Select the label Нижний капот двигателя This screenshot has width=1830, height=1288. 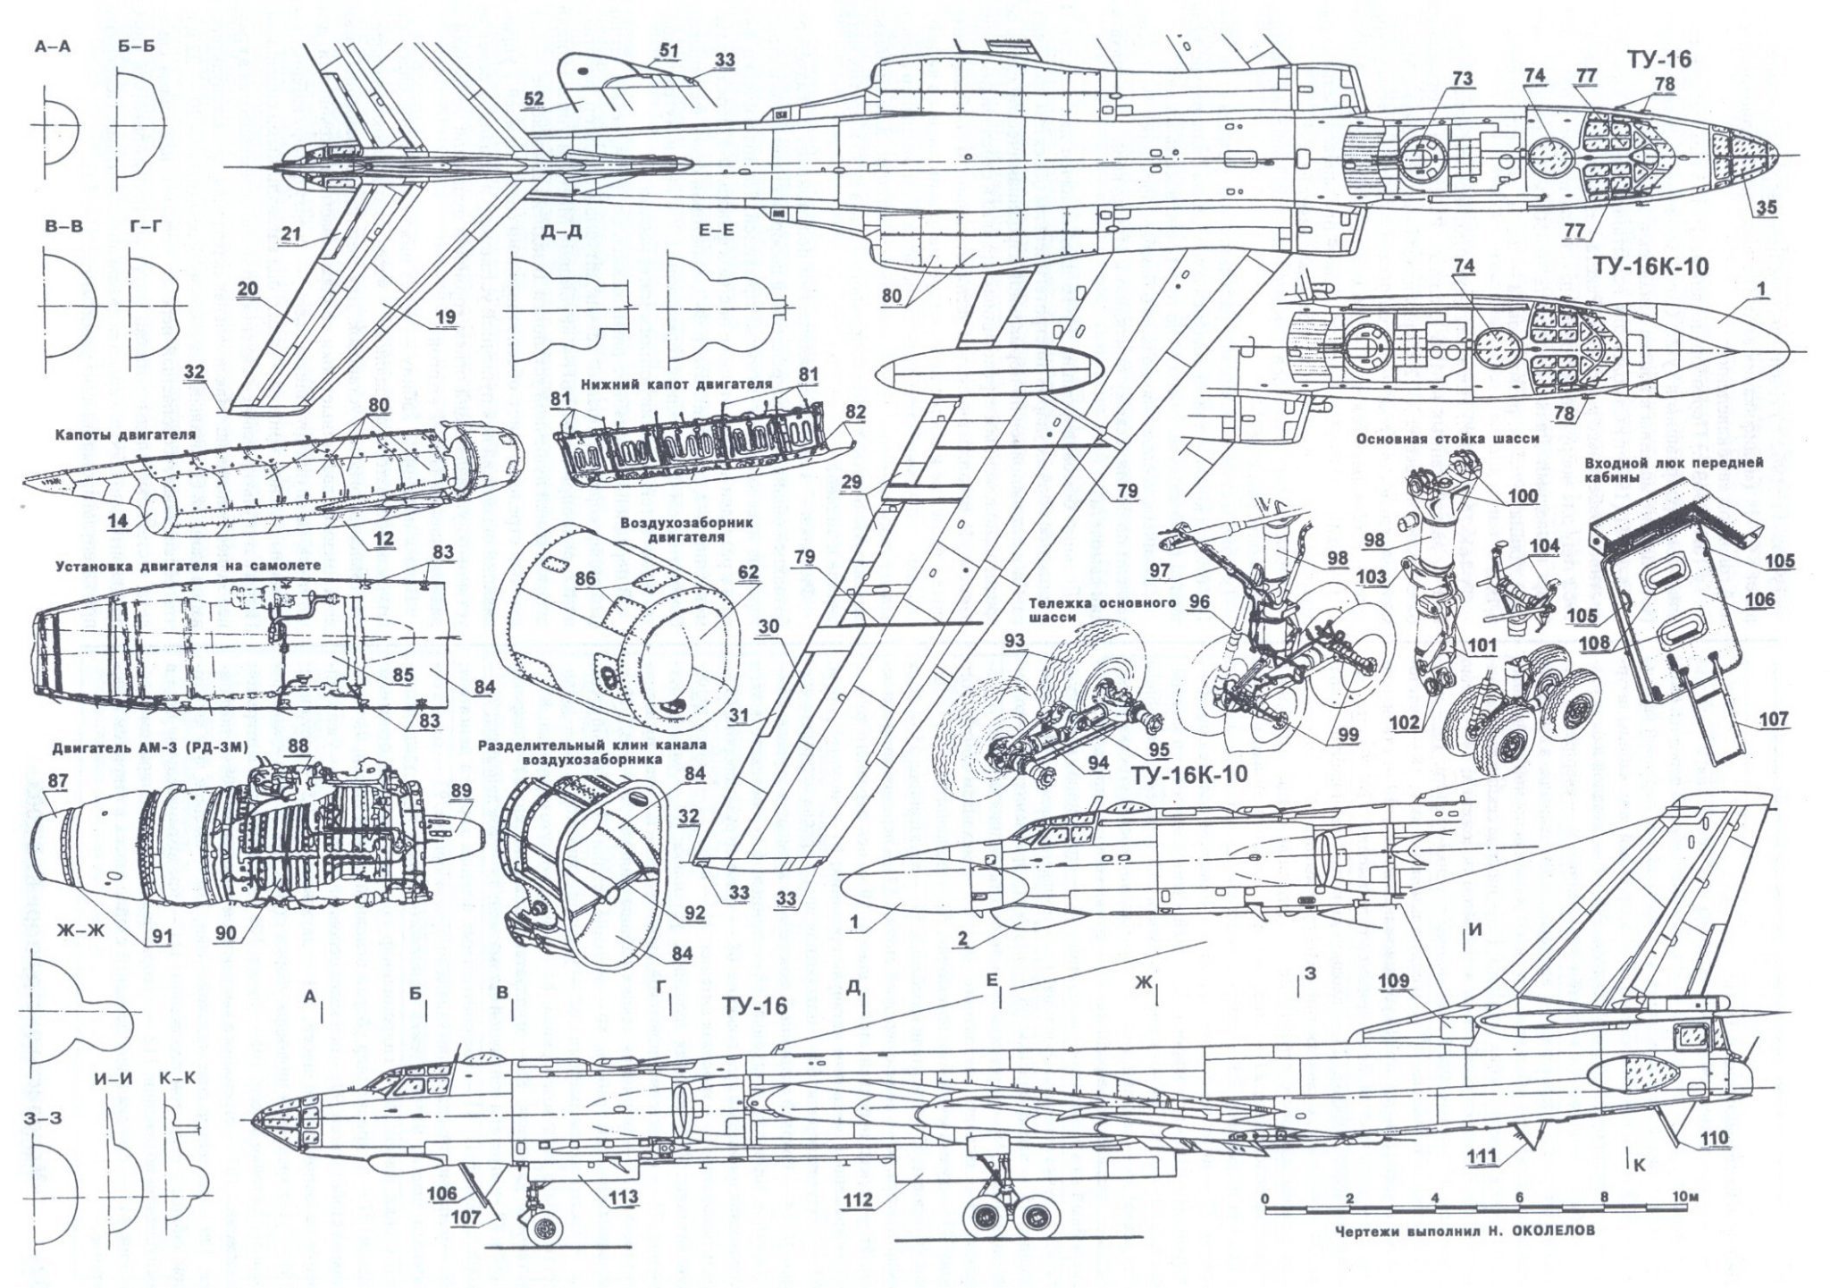[x=675, y=383]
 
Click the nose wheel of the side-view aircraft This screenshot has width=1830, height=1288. [x=541, y=1231]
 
